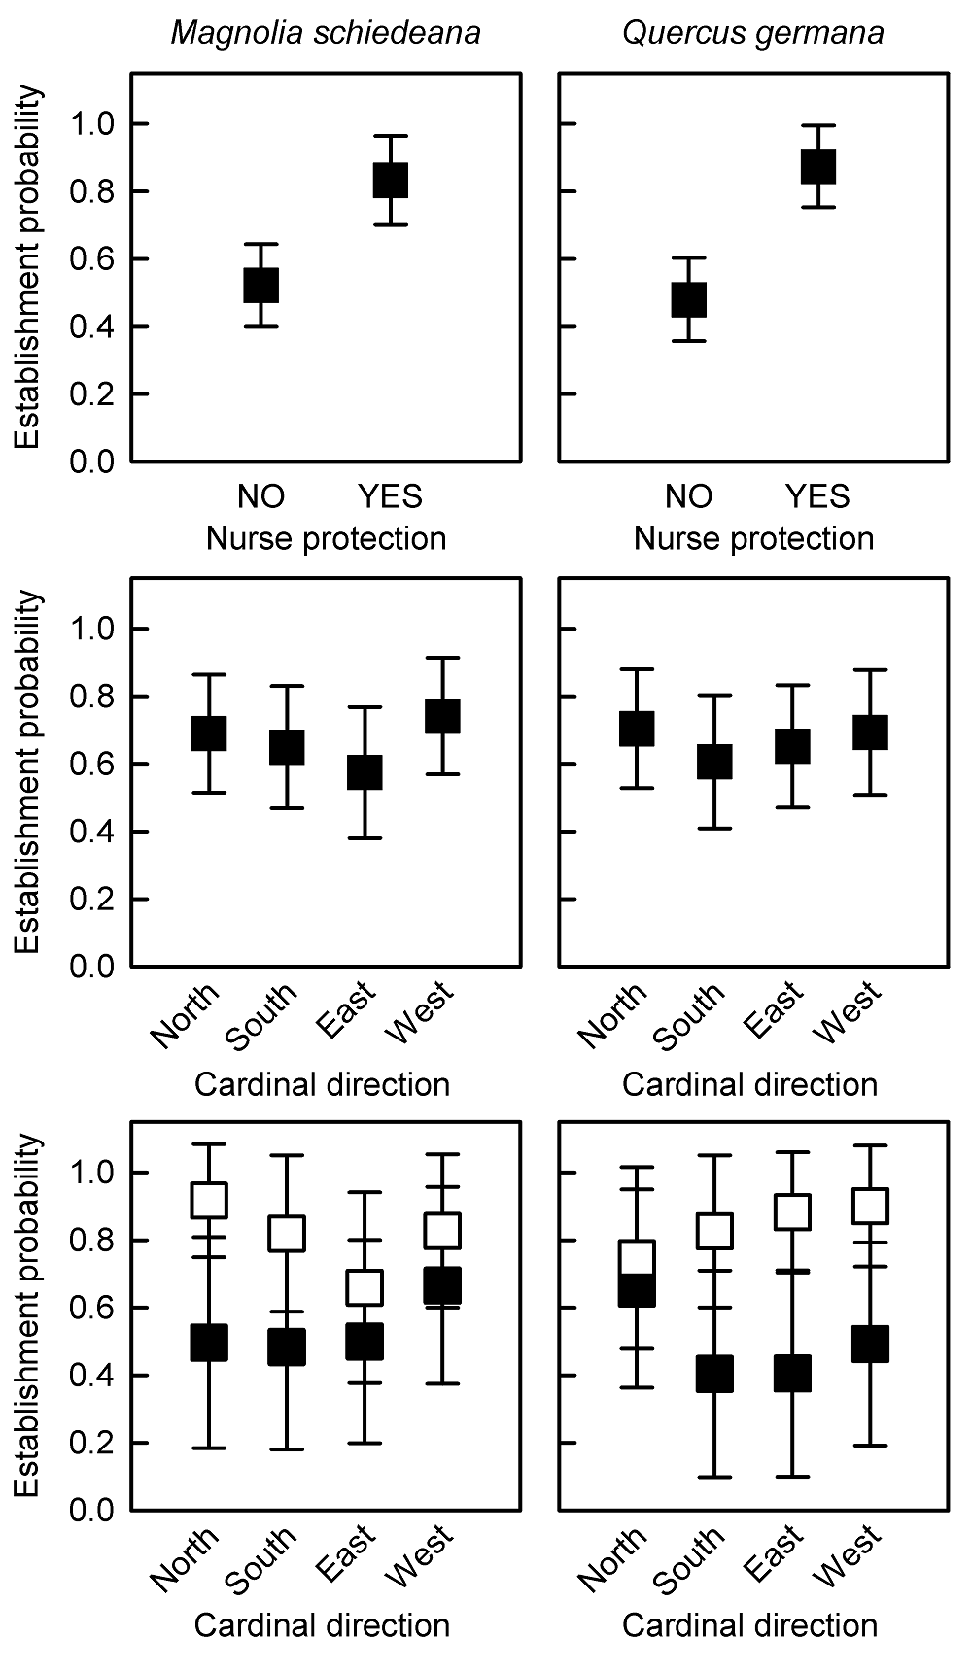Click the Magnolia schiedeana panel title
[326, 34]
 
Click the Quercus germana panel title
[753, 34]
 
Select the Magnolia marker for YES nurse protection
[391, 180]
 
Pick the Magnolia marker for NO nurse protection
[260, 286]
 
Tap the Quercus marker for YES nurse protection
[818, 166]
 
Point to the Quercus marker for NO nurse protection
[689, 299]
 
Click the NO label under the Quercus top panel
[689, 496]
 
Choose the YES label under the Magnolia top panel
[391, 496]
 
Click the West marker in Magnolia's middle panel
[442, 716]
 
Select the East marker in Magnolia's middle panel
[364, 772]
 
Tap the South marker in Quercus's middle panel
[714, 762]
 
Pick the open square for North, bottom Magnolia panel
[209, 1200]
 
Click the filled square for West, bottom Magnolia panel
[442, 1285]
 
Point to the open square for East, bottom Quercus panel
[792, 1212]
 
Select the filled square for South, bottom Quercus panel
[714, 1374]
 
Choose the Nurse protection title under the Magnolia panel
[326, 539]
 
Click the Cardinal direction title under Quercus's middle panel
[749, 1084]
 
